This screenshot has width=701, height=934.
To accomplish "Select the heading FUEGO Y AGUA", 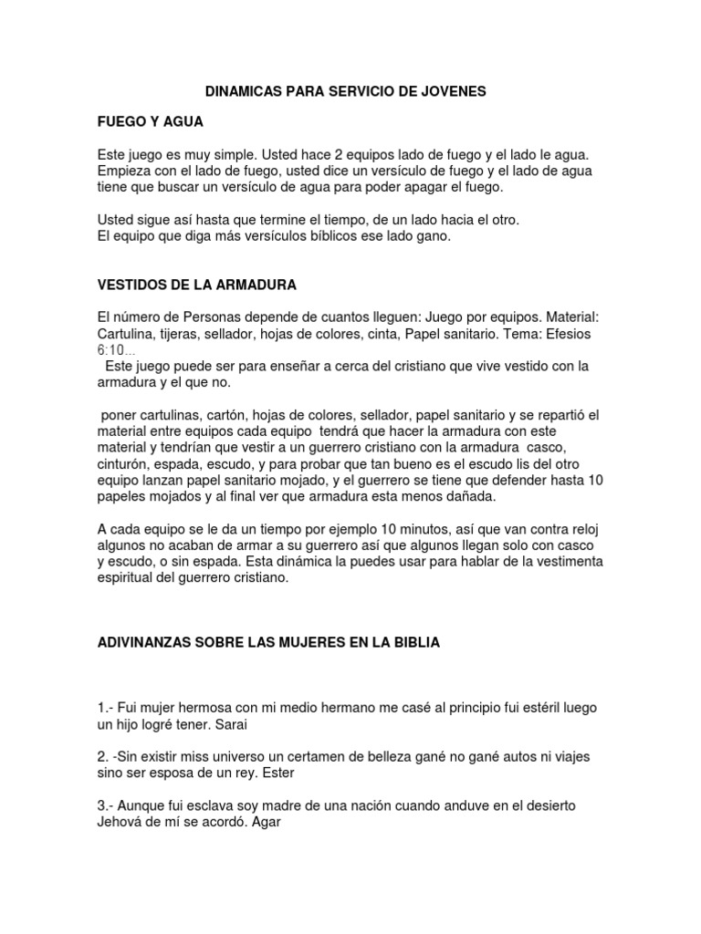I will (x=150, y=120).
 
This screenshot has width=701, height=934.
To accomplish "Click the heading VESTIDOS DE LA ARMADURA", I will (x=196, y=285).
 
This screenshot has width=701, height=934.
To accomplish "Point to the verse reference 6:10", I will (x=113, y=350).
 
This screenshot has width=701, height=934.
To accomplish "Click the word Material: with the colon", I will (x=567, y=317).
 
